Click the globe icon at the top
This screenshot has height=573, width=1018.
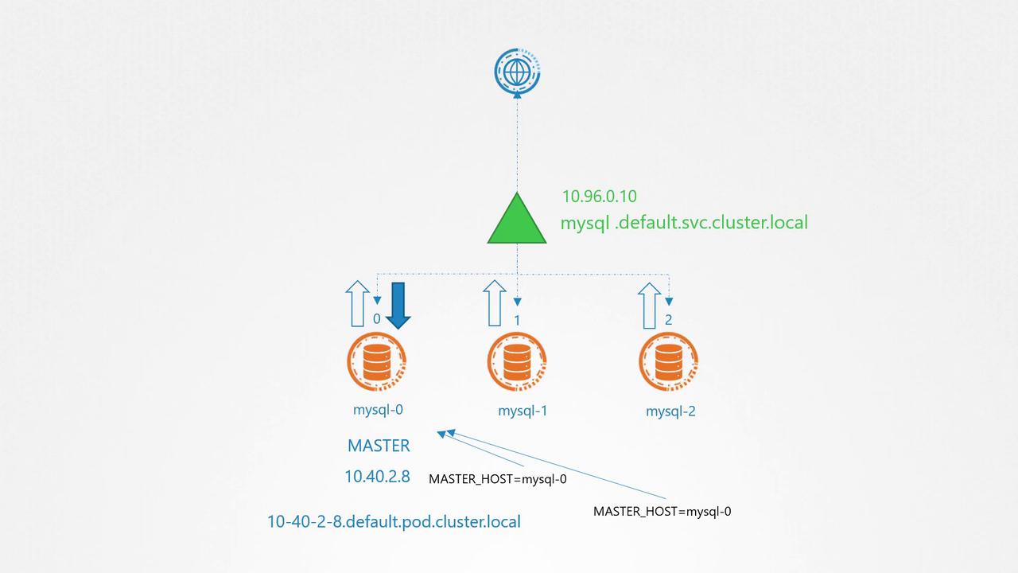517,72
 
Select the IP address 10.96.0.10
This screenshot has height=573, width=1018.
599,196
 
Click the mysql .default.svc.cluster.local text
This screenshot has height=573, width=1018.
684,222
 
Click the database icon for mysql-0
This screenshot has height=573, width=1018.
377,363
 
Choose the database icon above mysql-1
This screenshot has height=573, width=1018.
517,363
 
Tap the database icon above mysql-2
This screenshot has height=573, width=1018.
668,363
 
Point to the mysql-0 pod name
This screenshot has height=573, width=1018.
378,410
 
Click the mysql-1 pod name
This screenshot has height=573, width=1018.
523,411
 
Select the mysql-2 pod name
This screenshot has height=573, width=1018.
670,411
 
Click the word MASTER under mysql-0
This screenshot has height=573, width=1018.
379,446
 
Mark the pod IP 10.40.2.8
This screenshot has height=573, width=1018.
377,477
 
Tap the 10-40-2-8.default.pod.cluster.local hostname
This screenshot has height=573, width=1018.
394,522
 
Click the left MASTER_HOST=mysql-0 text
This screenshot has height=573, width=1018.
497,479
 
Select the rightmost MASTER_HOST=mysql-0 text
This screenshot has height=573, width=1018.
662,512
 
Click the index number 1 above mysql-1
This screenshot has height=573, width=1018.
517,320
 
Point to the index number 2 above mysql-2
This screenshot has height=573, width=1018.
668,320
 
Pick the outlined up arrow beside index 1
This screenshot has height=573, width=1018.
494,303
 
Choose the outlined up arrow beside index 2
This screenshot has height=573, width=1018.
649,304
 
